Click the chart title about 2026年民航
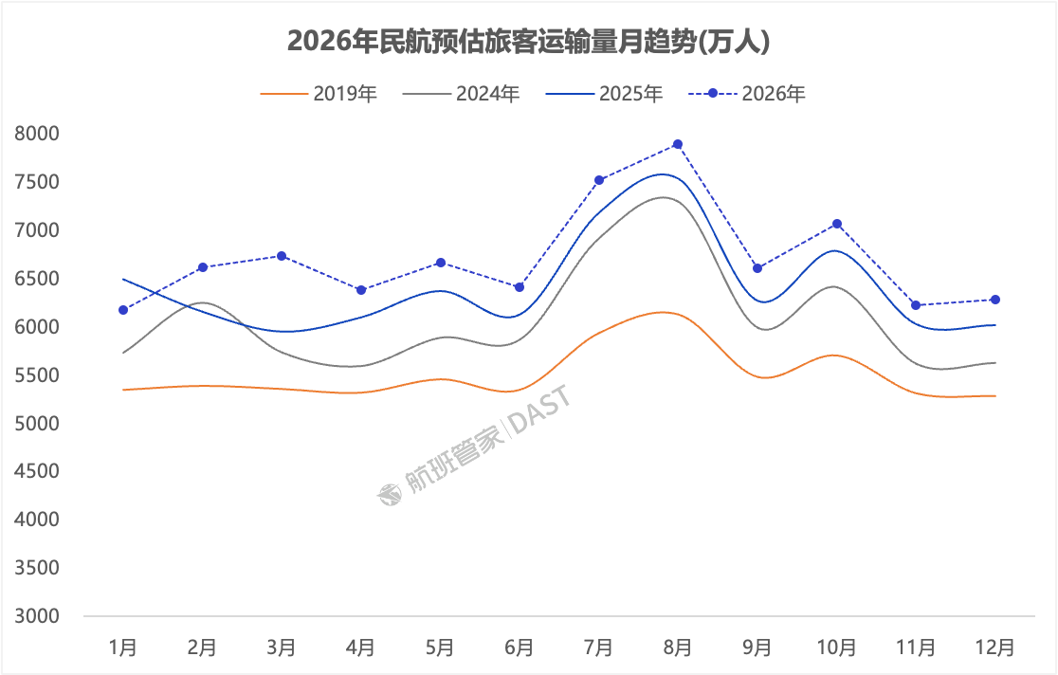point(527,42)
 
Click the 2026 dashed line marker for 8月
point(678,144)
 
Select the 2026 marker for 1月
point(123,310)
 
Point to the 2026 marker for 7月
point(599,180)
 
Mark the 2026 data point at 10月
point(837,224)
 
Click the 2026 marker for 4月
point(361,290)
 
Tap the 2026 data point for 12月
point(995,300)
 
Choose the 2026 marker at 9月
point(757,268)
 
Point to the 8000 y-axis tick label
point(37,134)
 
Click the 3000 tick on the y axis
point(37,616)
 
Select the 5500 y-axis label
point(37,375)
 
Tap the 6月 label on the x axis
point(519,648)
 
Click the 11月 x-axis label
point(916,648)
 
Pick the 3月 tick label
point(282,648)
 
